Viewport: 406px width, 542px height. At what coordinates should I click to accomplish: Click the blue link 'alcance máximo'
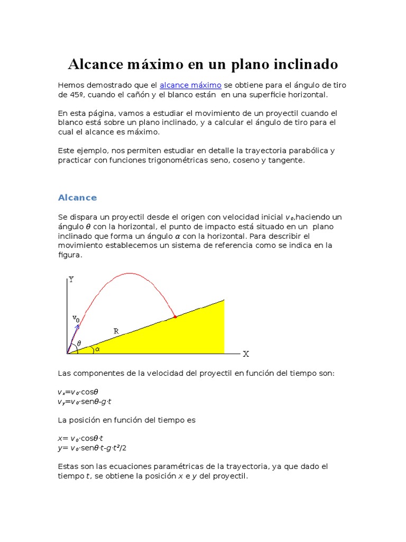(190, 85)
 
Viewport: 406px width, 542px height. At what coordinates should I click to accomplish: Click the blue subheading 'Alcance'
(77, 197)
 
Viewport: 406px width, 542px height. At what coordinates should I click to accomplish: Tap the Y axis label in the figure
(71, 279)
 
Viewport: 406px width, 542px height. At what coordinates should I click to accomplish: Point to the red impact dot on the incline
(175, 317)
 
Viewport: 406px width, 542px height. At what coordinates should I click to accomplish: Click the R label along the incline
(116, 331)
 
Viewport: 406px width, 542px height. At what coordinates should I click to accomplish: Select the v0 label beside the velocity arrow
(76, 318)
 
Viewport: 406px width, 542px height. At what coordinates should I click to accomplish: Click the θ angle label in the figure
(79, 343)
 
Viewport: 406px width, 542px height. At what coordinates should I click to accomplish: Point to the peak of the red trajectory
(128, 273)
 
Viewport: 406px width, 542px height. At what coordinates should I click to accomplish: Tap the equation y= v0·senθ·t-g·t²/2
(93, 448)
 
